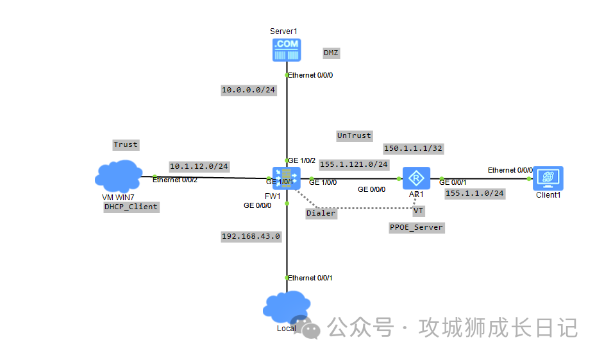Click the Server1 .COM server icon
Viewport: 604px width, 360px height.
coord(286,49)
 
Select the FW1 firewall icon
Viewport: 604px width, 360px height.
coord(286,178)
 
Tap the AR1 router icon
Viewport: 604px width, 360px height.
coord(416,177)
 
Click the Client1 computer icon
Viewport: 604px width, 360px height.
coord(548,178)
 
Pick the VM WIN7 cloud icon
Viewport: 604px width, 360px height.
coord(119,175)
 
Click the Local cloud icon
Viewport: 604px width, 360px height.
coord(287,307)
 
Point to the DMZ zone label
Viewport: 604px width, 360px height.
coord(331,53)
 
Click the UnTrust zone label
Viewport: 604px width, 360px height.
coord(354,135)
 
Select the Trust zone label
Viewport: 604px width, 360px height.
coord(126,144)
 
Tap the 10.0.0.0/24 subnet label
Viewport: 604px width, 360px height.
coord(248,90)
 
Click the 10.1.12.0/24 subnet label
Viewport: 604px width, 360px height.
coord(199,166)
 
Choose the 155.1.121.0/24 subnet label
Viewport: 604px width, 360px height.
coord(353,164)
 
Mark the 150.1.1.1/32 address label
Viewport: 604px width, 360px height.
coord(413,148)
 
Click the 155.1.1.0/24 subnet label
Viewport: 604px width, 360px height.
coord(474,193)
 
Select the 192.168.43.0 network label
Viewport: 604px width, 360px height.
coord(251,236)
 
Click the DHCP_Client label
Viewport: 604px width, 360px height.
coord(131,207)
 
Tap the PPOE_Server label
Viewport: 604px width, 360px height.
coord(416,227)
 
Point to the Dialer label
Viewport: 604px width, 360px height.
coord(321,212)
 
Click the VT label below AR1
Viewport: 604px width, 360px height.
coord(418,210)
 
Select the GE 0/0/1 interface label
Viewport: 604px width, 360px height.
coord(453,182)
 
